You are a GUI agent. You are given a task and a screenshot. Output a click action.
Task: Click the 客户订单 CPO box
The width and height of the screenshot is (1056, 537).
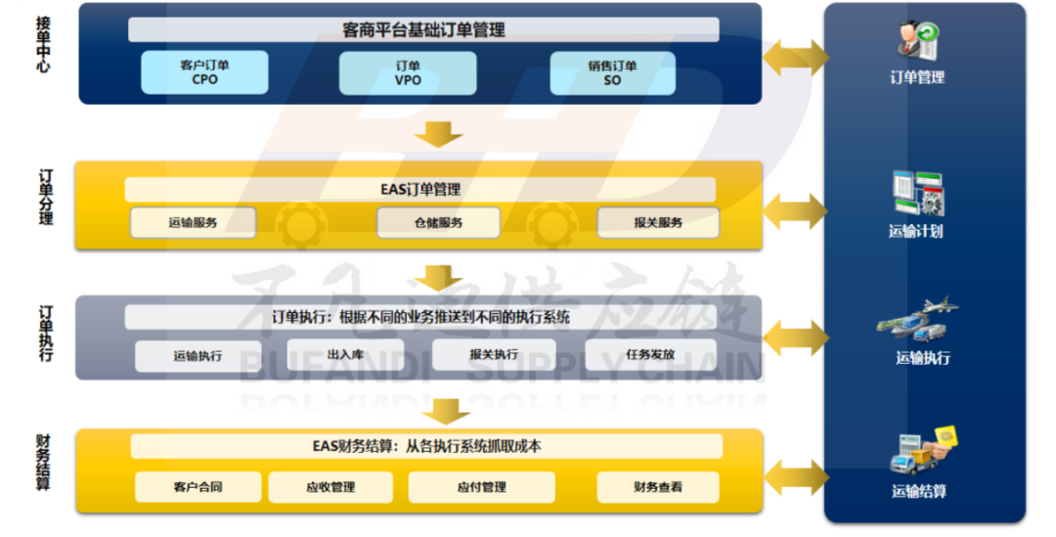(204, 72)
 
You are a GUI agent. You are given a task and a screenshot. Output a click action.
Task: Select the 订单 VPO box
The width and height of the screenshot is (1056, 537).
(408, 72)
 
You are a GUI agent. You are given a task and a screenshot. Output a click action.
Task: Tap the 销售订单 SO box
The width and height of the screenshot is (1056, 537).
(612, 72)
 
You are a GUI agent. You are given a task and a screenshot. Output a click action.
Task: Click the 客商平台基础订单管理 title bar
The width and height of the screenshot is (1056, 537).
(423, 30)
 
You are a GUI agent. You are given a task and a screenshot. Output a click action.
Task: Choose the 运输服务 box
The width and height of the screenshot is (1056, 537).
(193, 223)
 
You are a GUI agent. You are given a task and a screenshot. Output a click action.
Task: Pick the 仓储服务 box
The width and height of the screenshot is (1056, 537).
(437, 223)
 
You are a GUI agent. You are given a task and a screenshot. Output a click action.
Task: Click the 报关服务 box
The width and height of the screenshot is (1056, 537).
(657, 223)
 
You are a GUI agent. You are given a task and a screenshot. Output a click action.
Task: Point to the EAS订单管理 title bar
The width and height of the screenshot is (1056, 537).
(420, 190)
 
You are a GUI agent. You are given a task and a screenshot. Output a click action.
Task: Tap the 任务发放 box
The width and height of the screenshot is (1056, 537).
(650, 355)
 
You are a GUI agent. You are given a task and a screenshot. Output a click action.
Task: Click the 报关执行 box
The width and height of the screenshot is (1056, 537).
(494, 355)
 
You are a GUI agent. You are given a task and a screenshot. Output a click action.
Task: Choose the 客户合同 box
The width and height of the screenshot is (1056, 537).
(198, 487)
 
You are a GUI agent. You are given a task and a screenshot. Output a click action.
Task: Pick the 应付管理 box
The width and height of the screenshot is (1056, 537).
(481, 487)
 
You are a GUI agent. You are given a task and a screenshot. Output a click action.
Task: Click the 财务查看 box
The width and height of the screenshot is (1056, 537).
(657, 487)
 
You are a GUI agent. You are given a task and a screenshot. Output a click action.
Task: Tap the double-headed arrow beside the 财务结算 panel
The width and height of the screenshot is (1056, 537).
(794, 478)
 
